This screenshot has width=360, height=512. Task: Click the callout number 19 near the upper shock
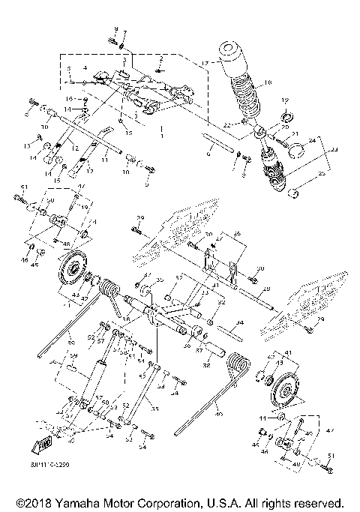pyautogui.click(x=284, y=100)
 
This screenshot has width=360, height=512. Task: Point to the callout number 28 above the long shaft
pyautogui.click(x=268, y=288)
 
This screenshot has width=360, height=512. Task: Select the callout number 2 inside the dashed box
pyautogui.click(x=160, y=58)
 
